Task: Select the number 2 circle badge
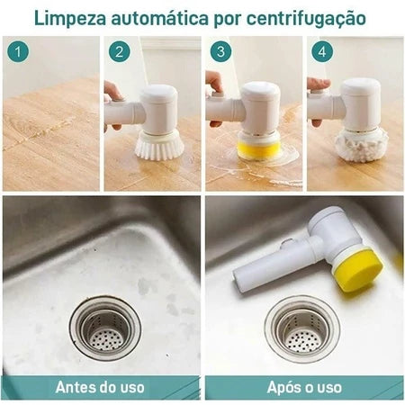pyautogui.click(x=119, y=52)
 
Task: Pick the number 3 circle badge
pyautogui.click(x=220, y=52)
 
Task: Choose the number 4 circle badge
pyautogui.click(x=322, y=52)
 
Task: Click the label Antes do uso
pyautogui.click(x=99, y=388)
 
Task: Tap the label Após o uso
pyautogui.click(x=304, y=388)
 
